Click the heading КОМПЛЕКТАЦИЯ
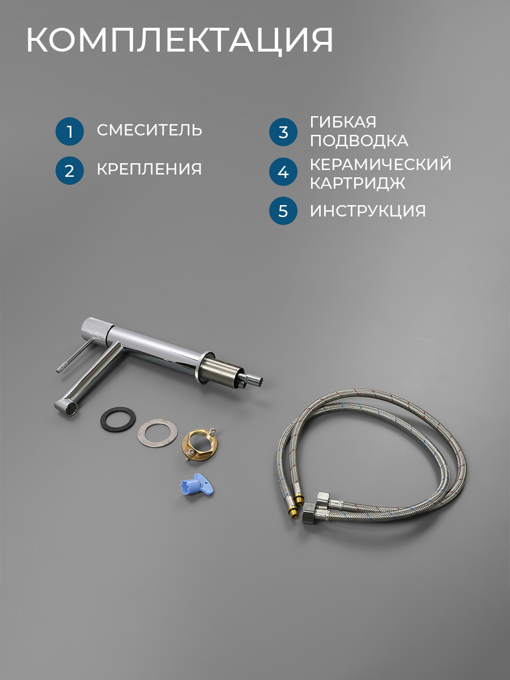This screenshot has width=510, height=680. (x=180, y=40)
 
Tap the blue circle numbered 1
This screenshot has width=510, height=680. (x=70, y=131)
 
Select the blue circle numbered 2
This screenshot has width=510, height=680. (x=70, y=171)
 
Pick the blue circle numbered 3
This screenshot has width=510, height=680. (x=283, y=132)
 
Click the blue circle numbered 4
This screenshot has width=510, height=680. (x=283, y=172)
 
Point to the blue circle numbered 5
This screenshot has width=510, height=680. (x=283, y=211)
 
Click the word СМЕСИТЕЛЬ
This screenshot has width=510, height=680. (x=150, y=130)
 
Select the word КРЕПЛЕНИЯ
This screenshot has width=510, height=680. (x=149, y=169)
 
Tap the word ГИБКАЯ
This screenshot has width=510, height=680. (x=343, y=122)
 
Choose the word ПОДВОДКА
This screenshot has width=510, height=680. (x=359, y=141)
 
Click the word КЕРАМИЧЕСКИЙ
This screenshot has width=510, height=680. (x=381, y=164)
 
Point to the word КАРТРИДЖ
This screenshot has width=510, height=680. (x=358, y=183)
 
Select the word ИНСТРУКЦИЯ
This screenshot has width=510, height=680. (x=368, y=211)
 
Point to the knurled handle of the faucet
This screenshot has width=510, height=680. (x=96, y=330)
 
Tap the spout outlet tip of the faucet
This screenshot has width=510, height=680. (x=66, y=407)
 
